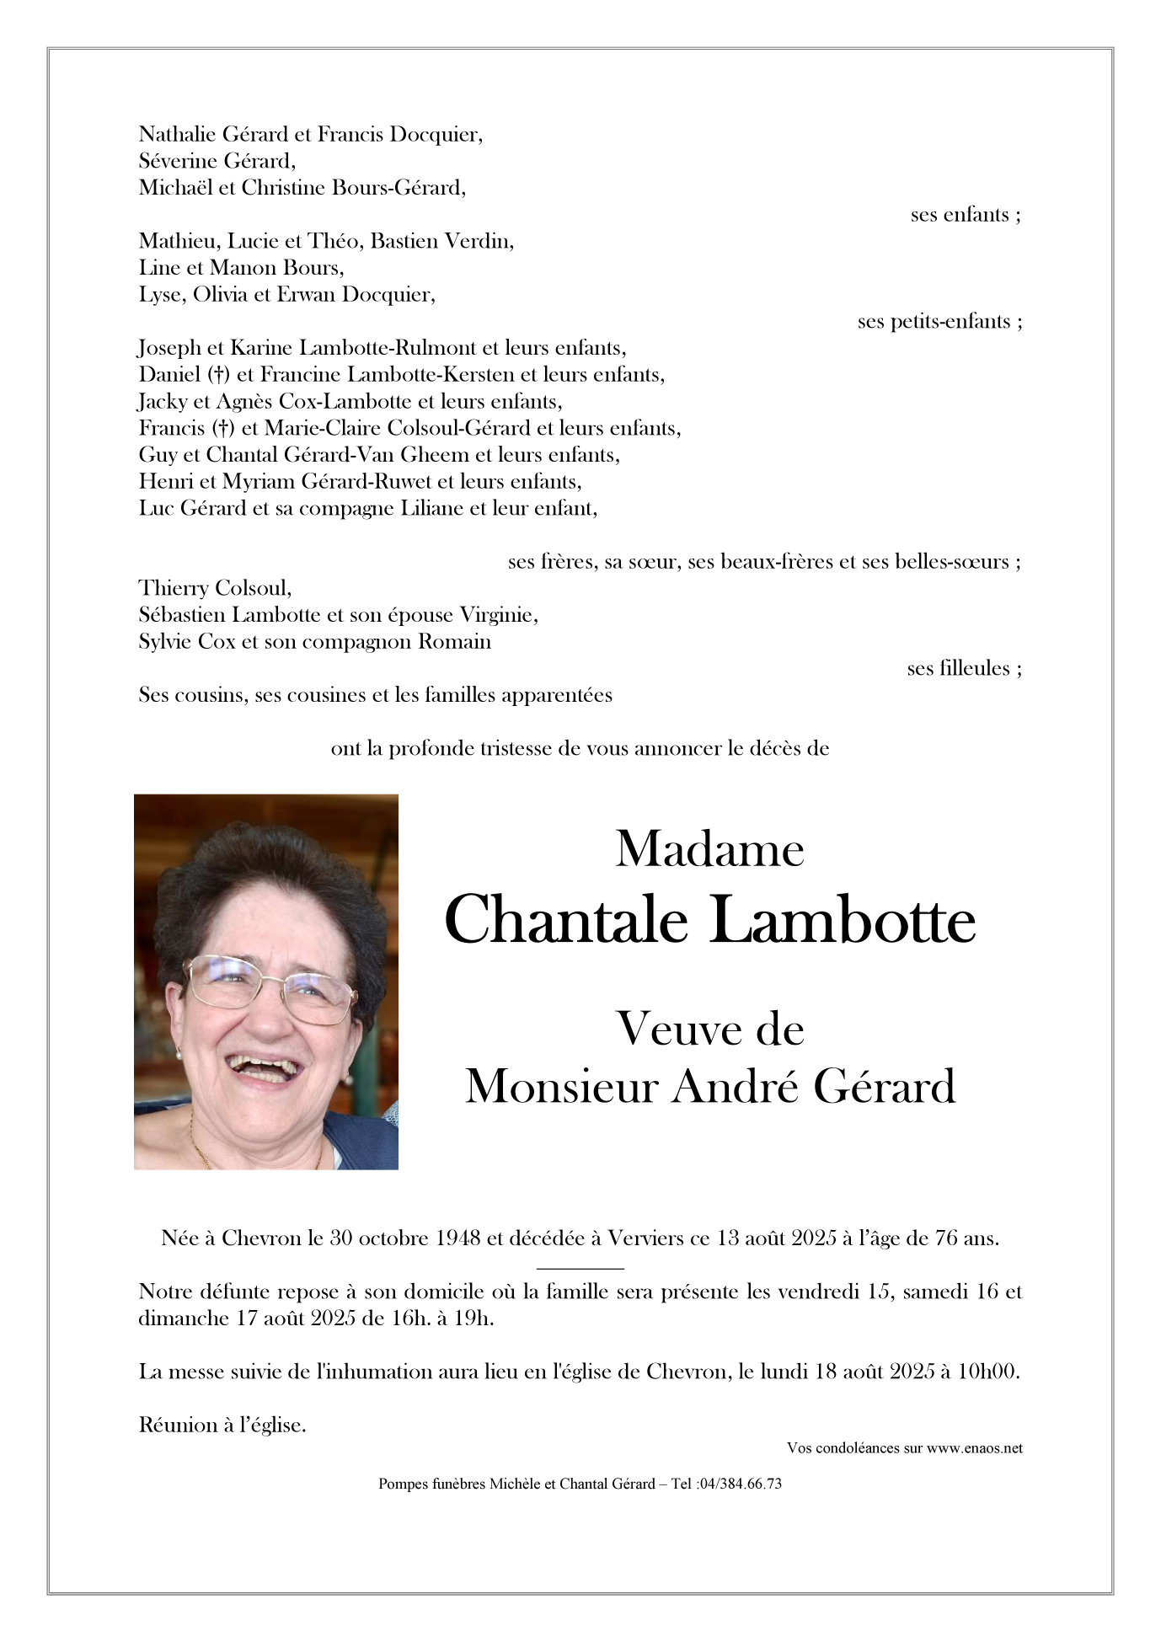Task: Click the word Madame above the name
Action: (709, 848)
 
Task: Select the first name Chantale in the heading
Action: (566, 920)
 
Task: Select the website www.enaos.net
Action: (975, 1448)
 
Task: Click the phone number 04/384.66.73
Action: (739, 1484)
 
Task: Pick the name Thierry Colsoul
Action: (215, 588)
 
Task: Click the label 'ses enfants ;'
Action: (966, 215)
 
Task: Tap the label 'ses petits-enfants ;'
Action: (939, 322)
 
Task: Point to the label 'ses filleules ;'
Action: (964, 669)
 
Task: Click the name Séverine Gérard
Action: (217, 161)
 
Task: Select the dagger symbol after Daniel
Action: (219, 375)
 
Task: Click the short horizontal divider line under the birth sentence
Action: (580, 1267)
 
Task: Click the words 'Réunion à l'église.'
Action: (222, 1425)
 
